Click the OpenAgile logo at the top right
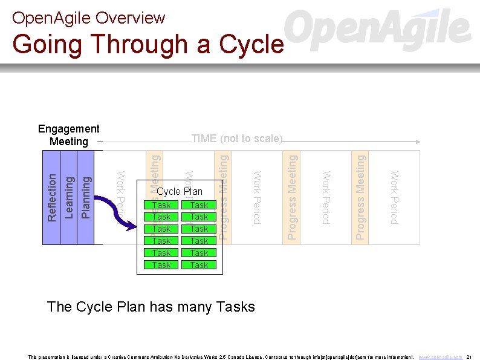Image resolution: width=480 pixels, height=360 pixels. tap(378, 30)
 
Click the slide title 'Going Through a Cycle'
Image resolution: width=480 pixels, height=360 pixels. tap(148, 45)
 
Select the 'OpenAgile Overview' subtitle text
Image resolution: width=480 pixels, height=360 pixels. tap(88, 18)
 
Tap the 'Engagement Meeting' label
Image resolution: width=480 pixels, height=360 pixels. tap(68, 135)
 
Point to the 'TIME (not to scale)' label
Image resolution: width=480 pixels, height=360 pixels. tap(236, 139)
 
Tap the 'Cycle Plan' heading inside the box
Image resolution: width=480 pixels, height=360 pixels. tap(180, 192)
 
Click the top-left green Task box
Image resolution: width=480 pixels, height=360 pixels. tap(161, 205)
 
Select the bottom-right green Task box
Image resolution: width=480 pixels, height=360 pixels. tap(199, 265)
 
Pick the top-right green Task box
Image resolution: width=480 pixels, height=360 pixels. tap(199, 205)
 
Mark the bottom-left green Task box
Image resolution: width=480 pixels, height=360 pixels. tap(161, 265)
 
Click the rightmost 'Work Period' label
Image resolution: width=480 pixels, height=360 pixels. tap(394, 197)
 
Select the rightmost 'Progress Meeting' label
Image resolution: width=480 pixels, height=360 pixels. tap(360, 197)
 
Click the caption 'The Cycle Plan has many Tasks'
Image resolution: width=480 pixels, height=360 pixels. tap(151, 307)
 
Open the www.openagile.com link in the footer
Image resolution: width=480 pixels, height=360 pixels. tap(440, 357)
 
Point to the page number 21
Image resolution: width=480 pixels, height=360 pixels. tap(469, 357)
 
